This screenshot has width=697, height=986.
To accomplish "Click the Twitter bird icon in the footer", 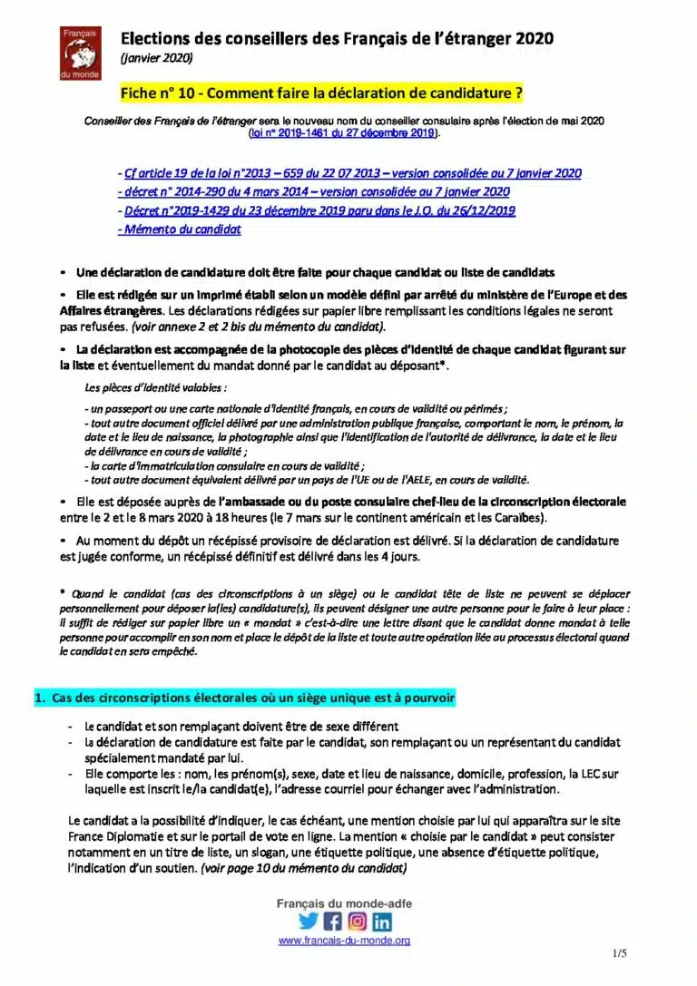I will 308,921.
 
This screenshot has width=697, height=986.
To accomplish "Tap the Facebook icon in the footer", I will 332,921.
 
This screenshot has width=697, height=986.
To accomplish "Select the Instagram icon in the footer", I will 358,921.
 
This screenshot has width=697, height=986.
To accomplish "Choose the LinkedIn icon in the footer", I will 382,921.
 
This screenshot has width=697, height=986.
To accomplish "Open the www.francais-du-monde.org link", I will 344,942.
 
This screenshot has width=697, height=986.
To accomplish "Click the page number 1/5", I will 620,953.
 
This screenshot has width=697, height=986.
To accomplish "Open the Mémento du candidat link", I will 179,229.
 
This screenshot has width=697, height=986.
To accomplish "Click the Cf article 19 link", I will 349,172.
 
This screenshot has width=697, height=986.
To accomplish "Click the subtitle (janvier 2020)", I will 156,57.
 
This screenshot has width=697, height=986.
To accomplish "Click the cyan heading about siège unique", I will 244,698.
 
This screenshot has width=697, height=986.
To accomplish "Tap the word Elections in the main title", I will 154,38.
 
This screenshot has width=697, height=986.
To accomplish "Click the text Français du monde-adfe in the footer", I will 344,903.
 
